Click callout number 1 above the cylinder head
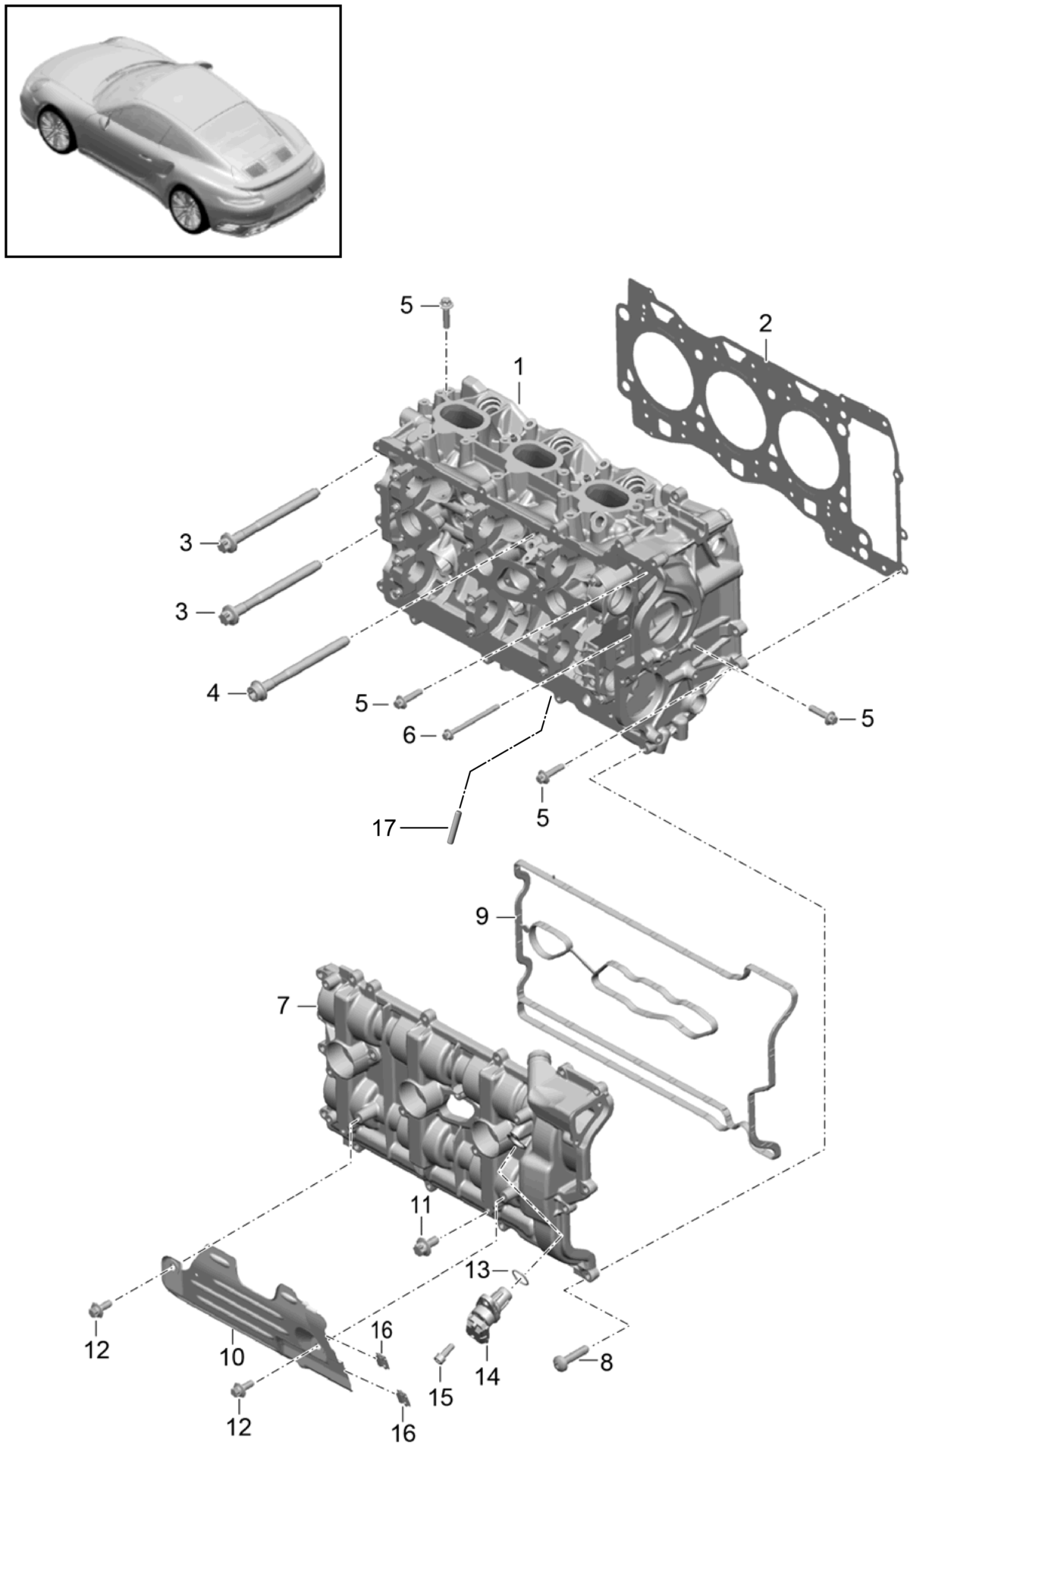(x=519, y=367)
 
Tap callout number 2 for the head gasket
(x=765, y=323)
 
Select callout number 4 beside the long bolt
(x=213, y=693)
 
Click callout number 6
(x=410, y=734)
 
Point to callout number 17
(x=384, y=828)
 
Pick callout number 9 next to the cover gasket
(x=482, y=916)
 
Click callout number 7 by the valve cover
(x=284, y=1005)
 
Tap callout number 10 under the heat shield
(x=232, y=1356)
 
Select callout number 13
(x=478, y=1269)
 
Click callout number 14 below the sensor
(x=487, y=1375)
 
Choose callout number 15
(x=441, y=1397)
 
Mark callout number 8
(x=606, y=1362)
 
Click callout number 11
(x=421, y=1205)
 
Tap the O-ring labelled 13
(x=519, y=1277)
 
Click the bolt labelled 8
(x=571, y=1356)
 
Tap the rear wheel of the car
(x=187, y=208)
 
